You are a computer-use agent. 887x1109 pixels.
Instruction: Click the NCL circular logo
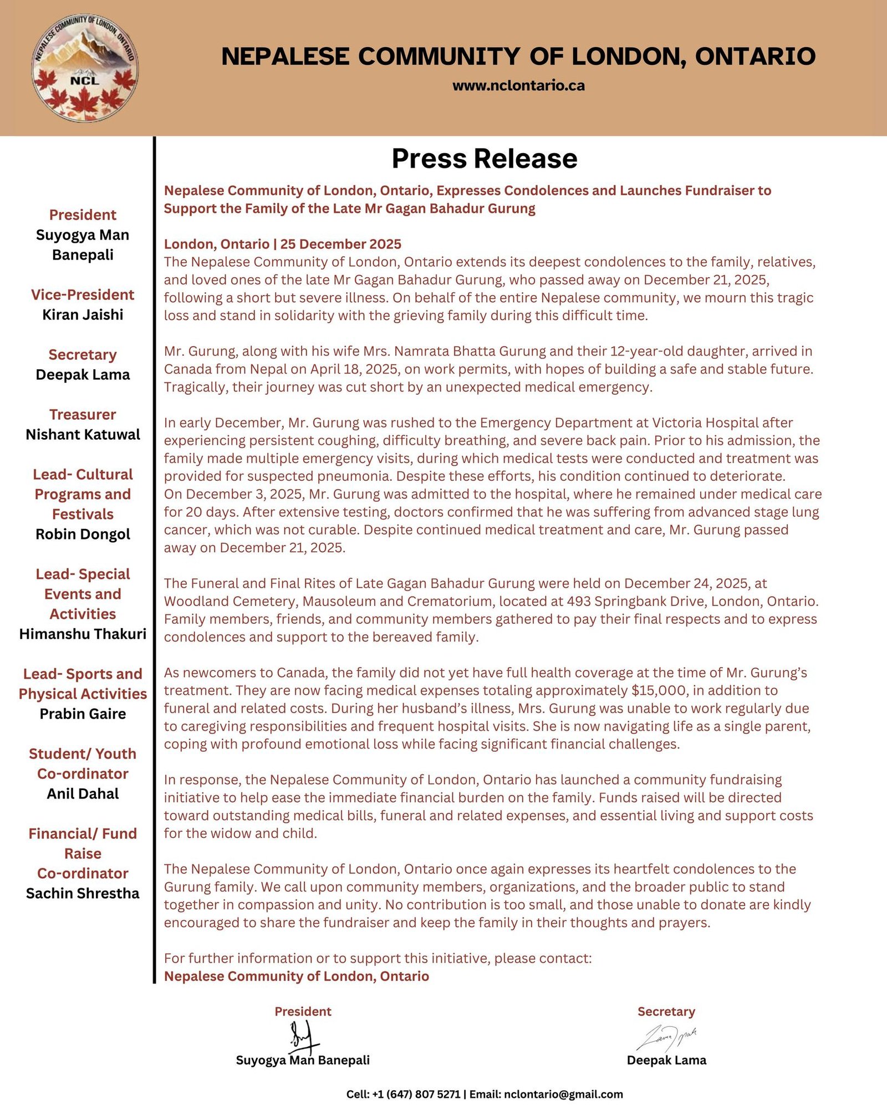point(85,68)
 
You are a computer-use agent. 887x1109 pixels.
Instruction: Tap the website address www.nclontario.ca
point(518,85)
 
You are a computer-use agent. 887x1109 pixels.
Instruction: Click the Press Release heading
point(484,159)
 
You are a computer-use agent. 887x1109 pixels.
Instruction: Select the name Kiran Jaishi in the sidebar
point(83,314)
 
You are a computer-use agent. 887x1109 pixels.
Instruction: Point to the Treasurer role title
point(83,414)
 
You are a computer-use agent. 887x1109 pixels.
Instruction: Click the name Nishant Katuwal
point(83,434)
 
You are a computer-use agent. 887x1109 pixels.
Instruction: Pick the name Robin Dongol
point(83,534)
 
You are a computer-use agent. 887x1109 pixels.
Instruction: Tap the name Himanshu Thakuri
point(83,634)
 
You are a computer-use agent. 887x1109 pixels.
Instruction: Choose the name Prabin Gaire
point(83,714)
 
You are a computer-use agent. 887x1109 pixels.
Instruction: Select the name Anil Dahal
point(83,793)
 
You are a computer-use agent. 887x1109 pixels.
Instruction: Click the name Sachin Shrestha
point(83,893)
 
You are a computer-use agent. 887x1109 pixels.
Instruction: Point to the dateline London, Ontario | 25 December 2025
point(282,244)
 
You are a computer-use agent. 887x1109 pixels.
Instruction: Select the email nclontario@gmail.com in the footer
point(563,1094)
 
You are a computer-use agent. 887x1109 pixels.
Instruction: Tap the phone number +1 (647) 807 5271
point(416,1094)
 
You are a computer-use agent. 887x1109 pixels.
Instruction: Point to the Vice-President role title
point(83,294)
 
